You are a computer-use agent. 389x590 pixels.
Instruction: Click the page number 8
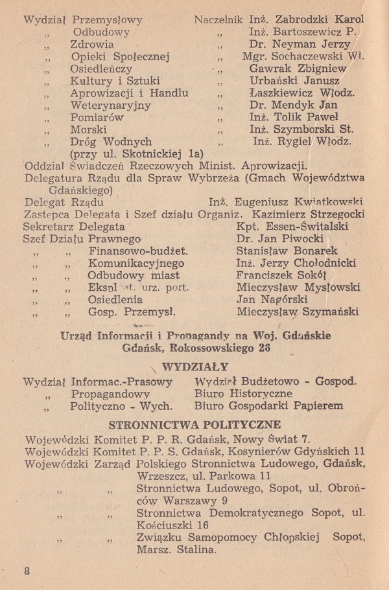(27, 571)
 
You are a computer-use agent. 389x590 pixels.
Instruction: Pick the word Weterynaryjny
(111, 105)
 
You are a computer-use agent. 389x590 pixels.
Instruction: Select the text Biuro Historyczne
(243, 394)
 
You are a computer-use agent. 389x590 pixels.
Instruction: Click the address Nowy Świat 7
(265, 440)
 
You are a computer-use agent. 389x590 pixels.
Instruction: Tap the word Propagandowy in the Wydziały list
(110, 394)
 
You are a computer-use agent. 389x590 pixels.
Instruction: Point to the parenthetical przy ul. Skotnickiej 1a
(136, 153)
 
